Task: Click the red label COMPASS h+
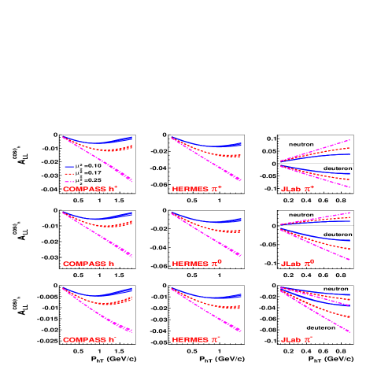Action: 90,190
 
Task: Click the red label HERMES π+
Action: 197,190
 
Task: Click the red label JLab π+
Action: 298,190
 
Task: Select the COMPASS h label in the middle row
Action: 89,264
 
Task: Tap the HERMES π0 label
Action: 197,264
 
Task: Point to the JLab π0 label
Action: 298,264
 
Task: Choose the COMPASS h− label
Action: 90,340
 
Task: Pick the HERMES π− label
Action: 197,340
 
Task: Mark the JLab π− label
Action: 297,340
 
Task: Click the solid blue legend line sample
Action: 69,167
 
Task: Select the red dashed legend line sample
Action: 69,174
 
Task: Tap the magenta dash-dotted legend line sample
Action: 69,181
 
